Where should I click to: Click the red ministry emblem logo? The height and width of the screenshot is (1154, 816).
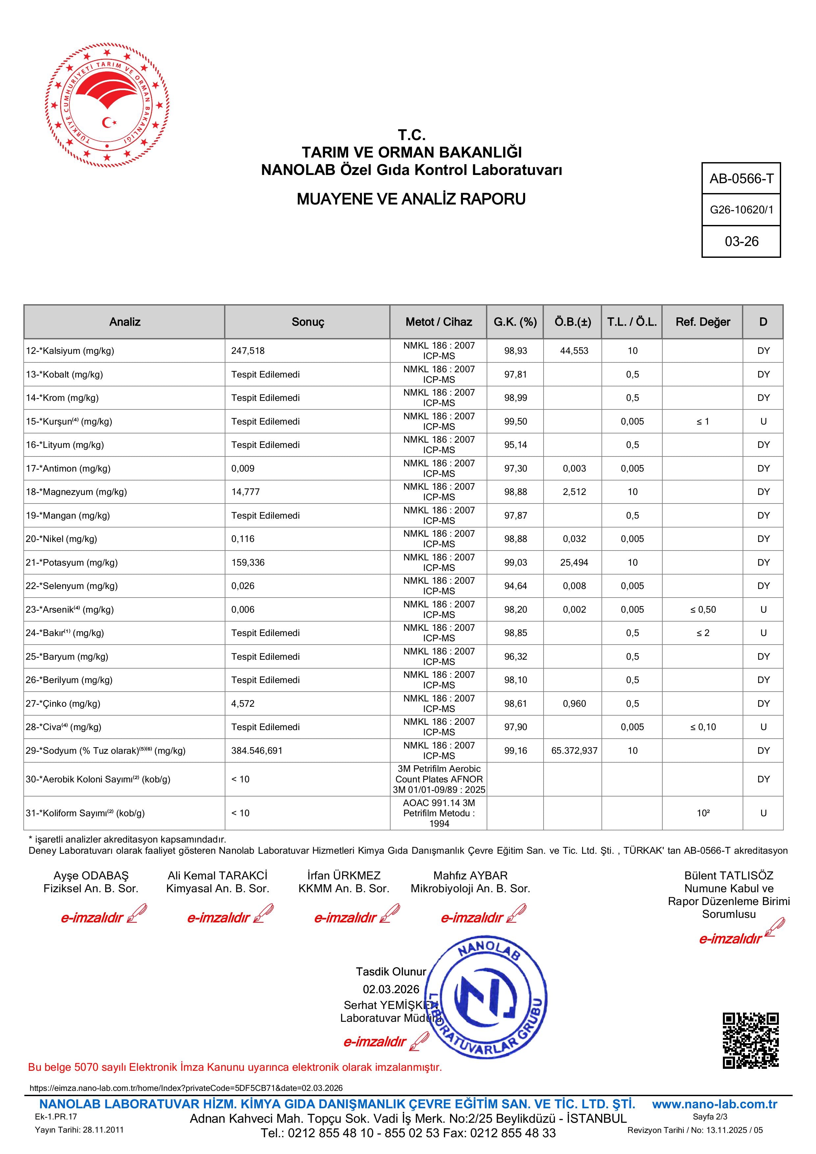coord(107,106)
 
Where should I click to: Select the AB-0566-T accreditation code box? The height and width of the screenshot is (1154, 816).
coord(741,179)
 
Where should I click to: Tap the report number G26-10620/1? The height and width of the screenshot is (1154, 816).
coord(741,210)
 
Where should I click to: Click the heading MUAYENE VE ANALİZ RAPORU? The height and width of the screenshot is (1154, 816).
coord(411,199)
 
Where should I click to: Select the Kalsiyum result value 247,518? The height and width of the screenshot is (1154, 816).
coord(248,351)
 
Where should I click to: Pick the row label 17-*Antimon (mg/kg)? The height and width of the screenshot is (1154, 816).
coord(68,468)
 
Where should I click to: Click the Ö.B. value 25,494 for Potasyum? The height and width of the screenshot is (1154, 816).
coord(574,562)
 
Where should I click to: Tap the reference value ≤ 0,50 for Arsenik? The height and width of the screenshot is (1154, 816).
coord(703,610)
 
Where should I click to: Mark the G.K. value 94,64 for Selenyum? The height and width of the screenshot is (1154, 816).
coord(515,586)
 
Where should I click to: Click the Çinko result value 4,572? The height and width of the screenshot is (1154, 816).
coord(243,704)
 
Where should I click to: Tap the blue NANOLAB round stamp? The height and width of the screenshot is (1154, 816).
coord(487,998)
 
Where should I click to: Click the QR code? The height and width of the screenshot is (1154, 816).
coord(750,1041)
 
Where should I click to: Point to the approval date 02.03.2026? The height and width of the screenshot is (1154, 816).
coord(391,989)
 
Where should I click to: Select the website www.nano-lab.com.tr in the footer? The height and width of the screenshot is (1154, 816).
coord(714,1104)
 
